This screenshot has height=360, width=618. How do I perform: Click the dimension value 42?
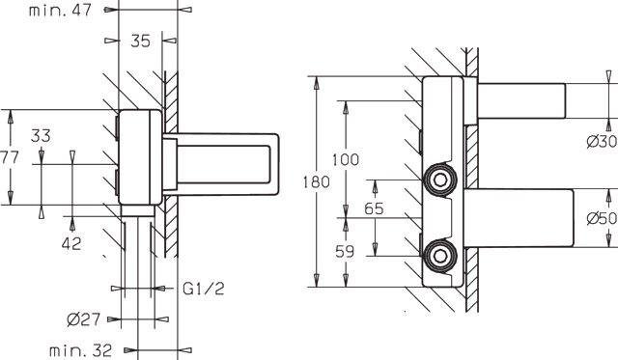(x=70, y=244)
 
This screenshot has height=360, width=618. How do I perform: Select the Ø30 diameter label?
(x=601, y=141)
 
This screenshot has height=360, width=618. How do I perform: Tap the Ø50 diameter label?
(x=601, y=219)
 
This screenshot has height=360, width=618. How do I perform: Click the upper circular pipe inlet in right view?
(x=439, y=180)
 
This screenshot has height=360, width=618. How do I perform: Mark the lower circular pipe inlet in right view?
(x=439, y=255)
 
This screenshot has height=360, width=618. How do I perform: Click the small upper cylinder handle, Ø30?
(x=521, y=99)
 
